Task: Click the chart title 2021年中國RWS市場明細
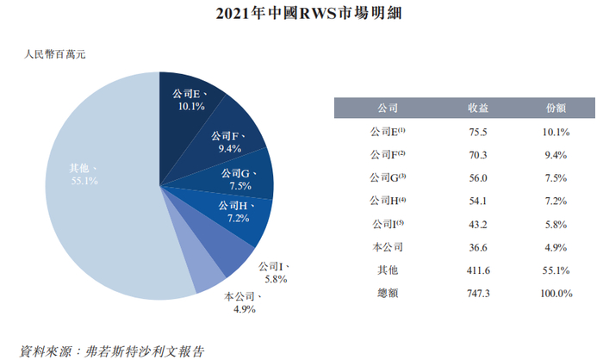click(301, 15)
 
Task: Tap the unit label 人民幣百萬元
click(55, 56)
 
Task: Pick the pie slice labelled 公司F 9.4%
click(229, 141)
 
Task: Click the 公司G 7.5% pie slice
click(241, 180)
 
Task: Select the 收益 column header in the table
click(478, 109)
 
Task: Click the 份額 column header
click(556, 109)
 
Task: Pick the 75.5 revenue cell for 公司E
click(478, 133)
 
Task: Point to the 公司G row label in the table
click(387, 178)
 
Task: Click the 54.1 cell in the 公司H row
click(478, 202)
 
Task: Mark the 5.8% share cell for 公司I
click(556, 225)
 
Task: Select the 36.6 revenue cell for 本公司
click(478, 248)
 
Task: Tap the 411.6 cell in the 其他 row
click(478, 270)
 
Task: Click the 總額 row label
click(387, 294)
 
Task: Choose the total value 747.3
click(478, 294)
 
